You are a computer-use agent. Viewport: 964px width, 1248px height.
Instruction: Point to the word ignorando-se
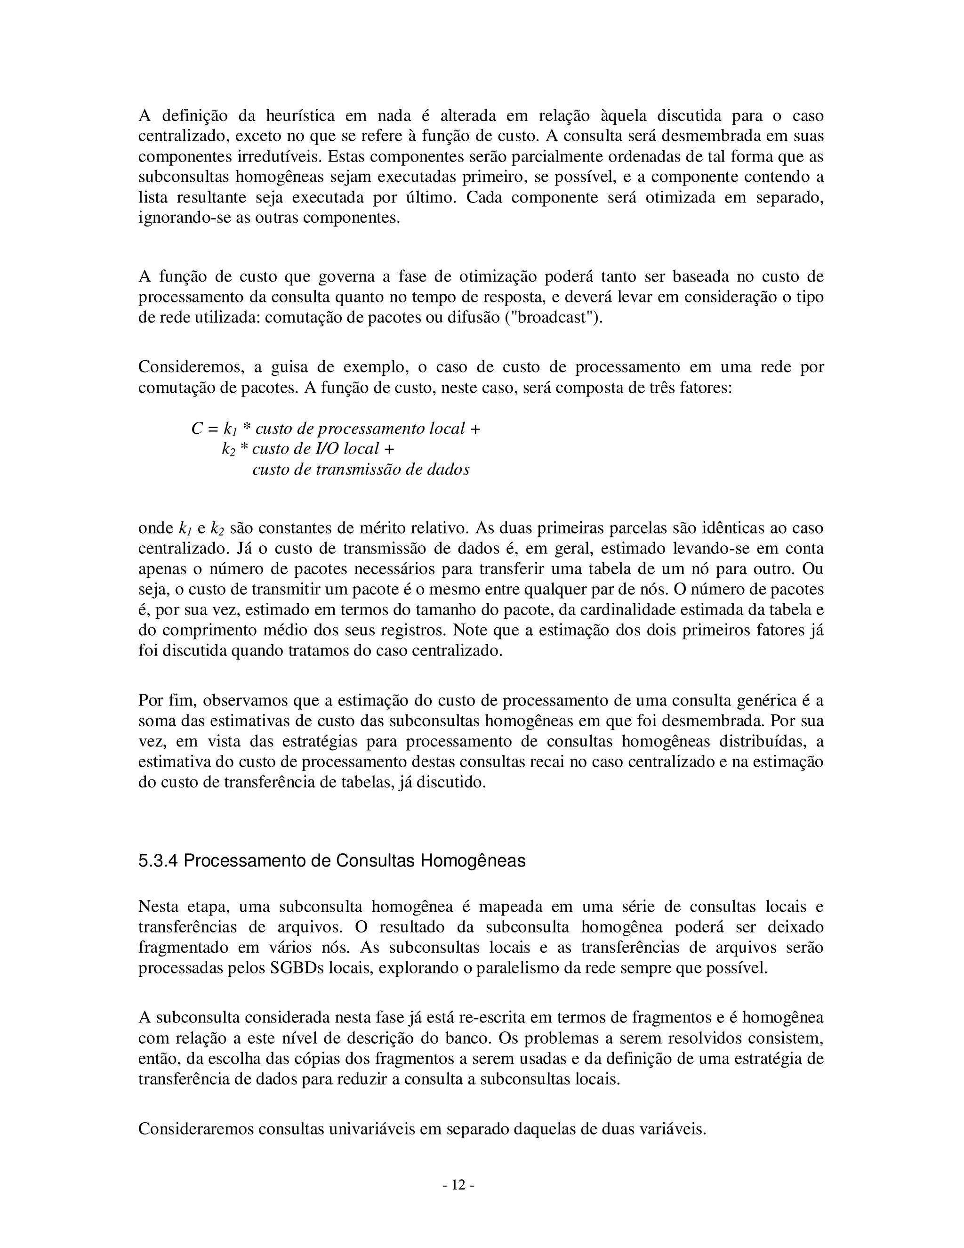tap(185, 219)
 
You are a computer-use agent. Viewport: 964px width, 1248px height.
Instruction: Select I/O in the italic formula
tap(328, 449)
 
